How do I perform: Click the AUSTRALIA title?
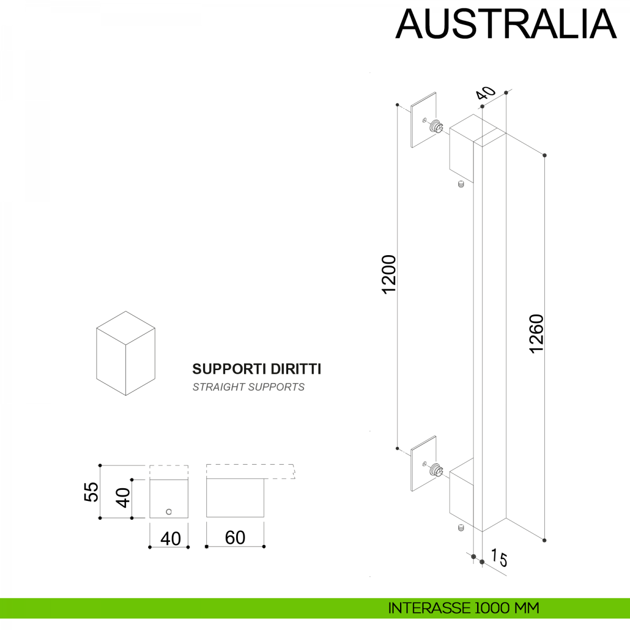pos(506,24)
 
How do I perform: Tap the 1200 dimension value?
pos(389,274)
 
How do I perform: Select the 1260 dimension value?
pos(537,333)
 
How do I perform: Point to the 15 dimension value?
pos(500,558)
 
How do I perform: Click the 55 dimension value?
pos(91,492)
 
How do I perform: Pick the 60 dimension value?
pos(235,538)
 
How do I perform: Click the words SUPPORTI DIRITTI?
pos(256,369)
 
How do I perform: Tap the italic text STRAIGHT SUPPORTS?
pos(248,387)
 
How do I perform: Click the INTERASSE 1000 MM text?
pos(463,608)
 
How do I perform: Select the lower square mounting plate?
pos(424,464)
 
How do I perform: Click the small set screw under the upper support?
pos(460,184)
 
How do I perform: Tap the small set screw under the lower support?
pos(460,528)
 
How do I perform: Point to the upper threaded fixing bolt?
pos(437,127)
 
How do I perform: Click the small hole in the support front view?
pos(169,512)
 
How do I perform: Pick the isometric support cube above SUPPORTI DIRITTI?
pos(125,353)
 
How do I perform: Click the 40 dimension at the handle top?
pos(486,93)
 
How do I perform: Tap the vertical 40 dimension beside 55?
pos(123,497)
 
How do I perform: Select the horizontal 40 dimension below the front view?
pos(170,539)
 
